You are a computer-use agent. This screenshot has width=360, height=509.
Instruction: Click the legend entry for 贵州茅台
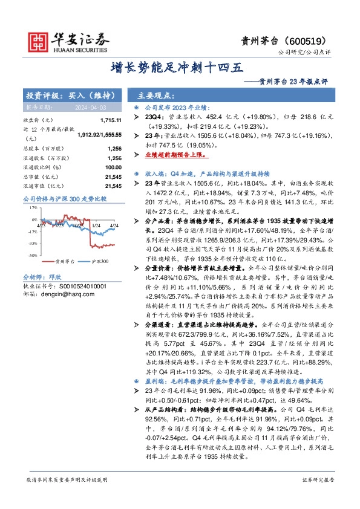pos(61,262)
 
